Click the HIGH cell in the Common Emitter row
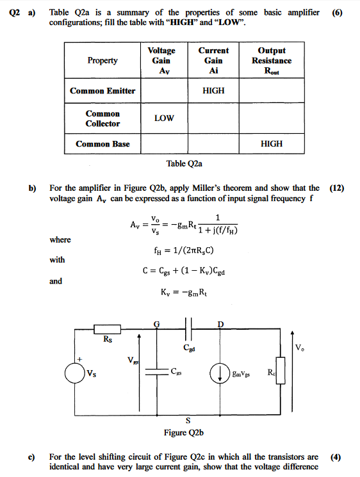[x=213, y=91]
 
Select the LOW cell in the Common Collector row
[x=164, y=118]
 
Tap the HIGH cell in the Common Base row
[x=272, y=144]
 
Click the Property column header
[x=102, y=60]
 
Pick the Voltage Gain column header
[x=161, y=60]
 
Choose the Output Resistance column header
[x=272, y=60]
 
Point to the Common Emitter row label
[x=102, y=91]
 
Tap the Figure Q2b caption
[x=184, y=433]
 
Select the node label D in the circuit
[x=220, y=323]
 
